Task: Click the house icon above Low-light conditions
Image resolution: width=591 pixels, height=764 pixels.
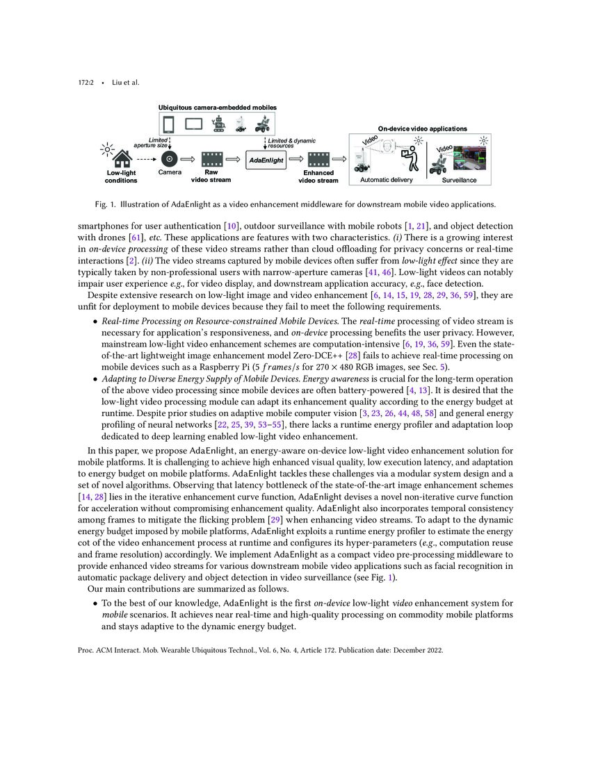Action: [x=122, y=159]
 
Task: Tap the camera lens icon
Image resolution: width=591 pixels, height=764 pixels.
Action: [x=170, y=159]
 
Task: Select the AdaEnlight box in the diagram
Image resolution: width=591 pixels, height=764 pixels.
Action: [x=266, y=160]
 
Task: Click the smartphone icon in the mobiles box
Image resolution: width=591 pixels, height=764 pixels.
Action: [x=168, y=124]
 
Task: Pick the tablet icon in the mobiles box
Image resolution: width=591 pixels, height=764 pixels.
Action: [x=193, y=124]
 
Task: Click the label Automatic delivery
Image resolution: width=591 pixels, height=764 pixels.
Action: [x=386, y=180]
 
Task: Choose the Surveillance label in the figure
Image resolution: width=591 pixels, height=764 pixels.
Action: [x=460, y=180]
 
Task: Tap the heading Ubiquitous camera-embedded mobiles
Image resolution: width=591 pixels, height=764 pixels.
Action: [x=217, y=108]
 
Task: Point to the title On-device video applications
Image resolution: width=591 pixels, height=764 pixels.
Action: [x=422, y=128]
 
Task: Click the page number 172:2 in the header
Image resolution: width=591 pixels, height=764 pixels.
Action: [x=86, y=83]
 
